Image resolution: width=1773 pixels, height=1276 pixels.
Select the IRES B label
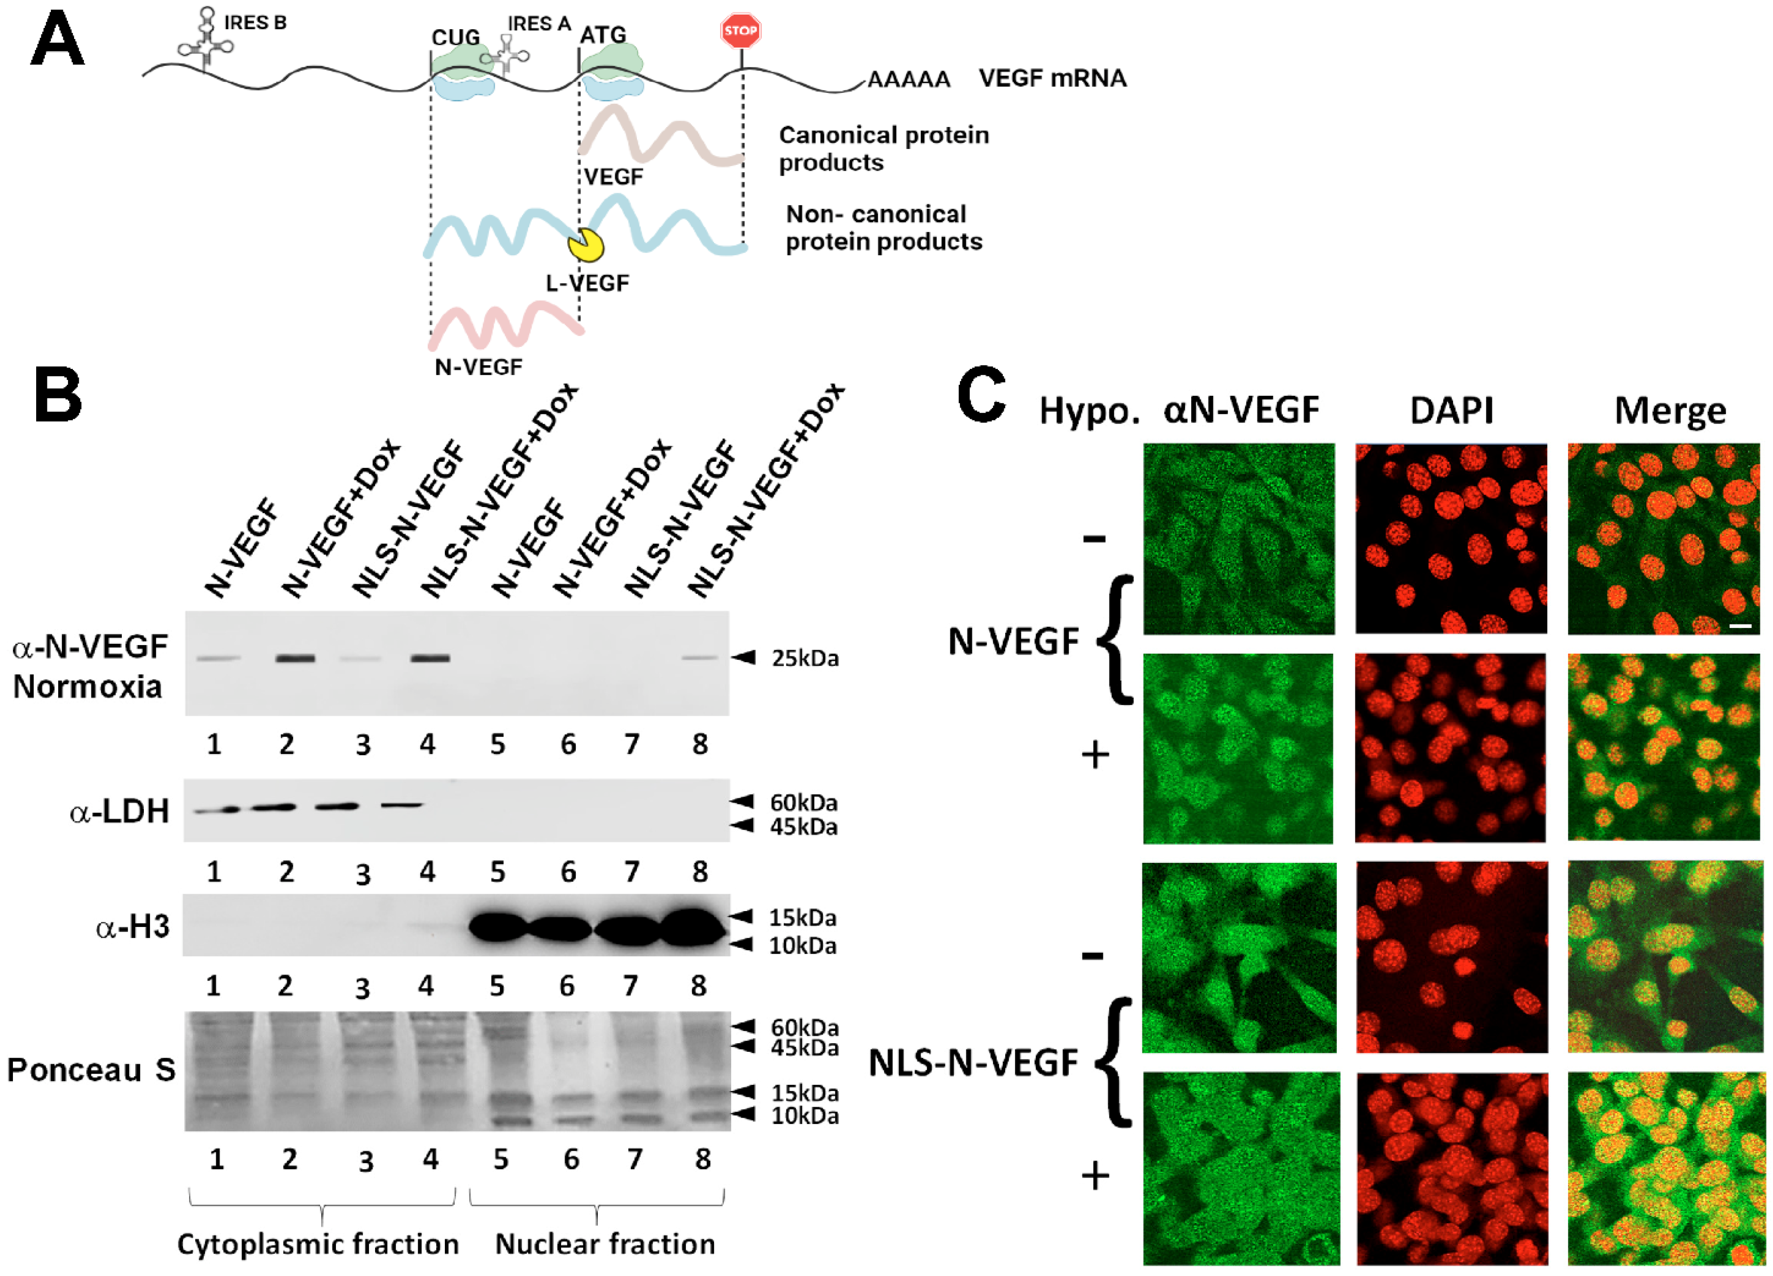255,23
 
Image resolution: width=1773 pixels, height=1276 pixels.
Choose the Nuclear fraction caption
605,1244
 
